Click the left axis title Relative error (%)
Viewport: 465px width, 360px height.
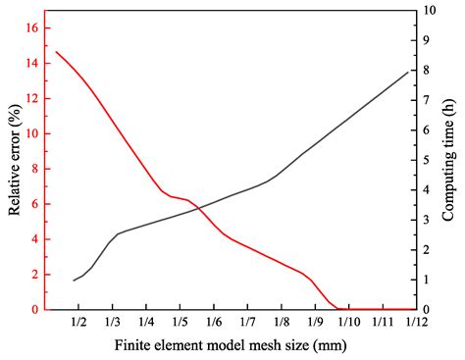tap(16, 161)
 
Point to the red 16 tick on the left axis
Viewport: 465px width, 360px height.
tap(32, 28)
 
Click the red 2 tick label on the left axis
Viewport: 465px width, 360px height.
tap(35, 275)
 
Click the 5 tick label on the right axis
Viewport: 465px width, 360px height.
tap(425, 160)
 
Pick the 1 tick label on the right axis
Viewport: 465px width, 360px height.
tap(425, 281)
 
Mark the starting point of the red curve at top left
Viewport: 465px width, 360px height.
tap(56, 51)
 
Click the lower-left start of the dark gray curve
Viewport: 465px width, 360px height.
tap(74, 281)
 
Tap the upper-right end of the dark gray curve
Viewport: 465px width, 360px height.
tap(408, 72)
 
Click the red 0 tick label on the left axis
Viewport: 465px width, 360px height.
tap(35, 310)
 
